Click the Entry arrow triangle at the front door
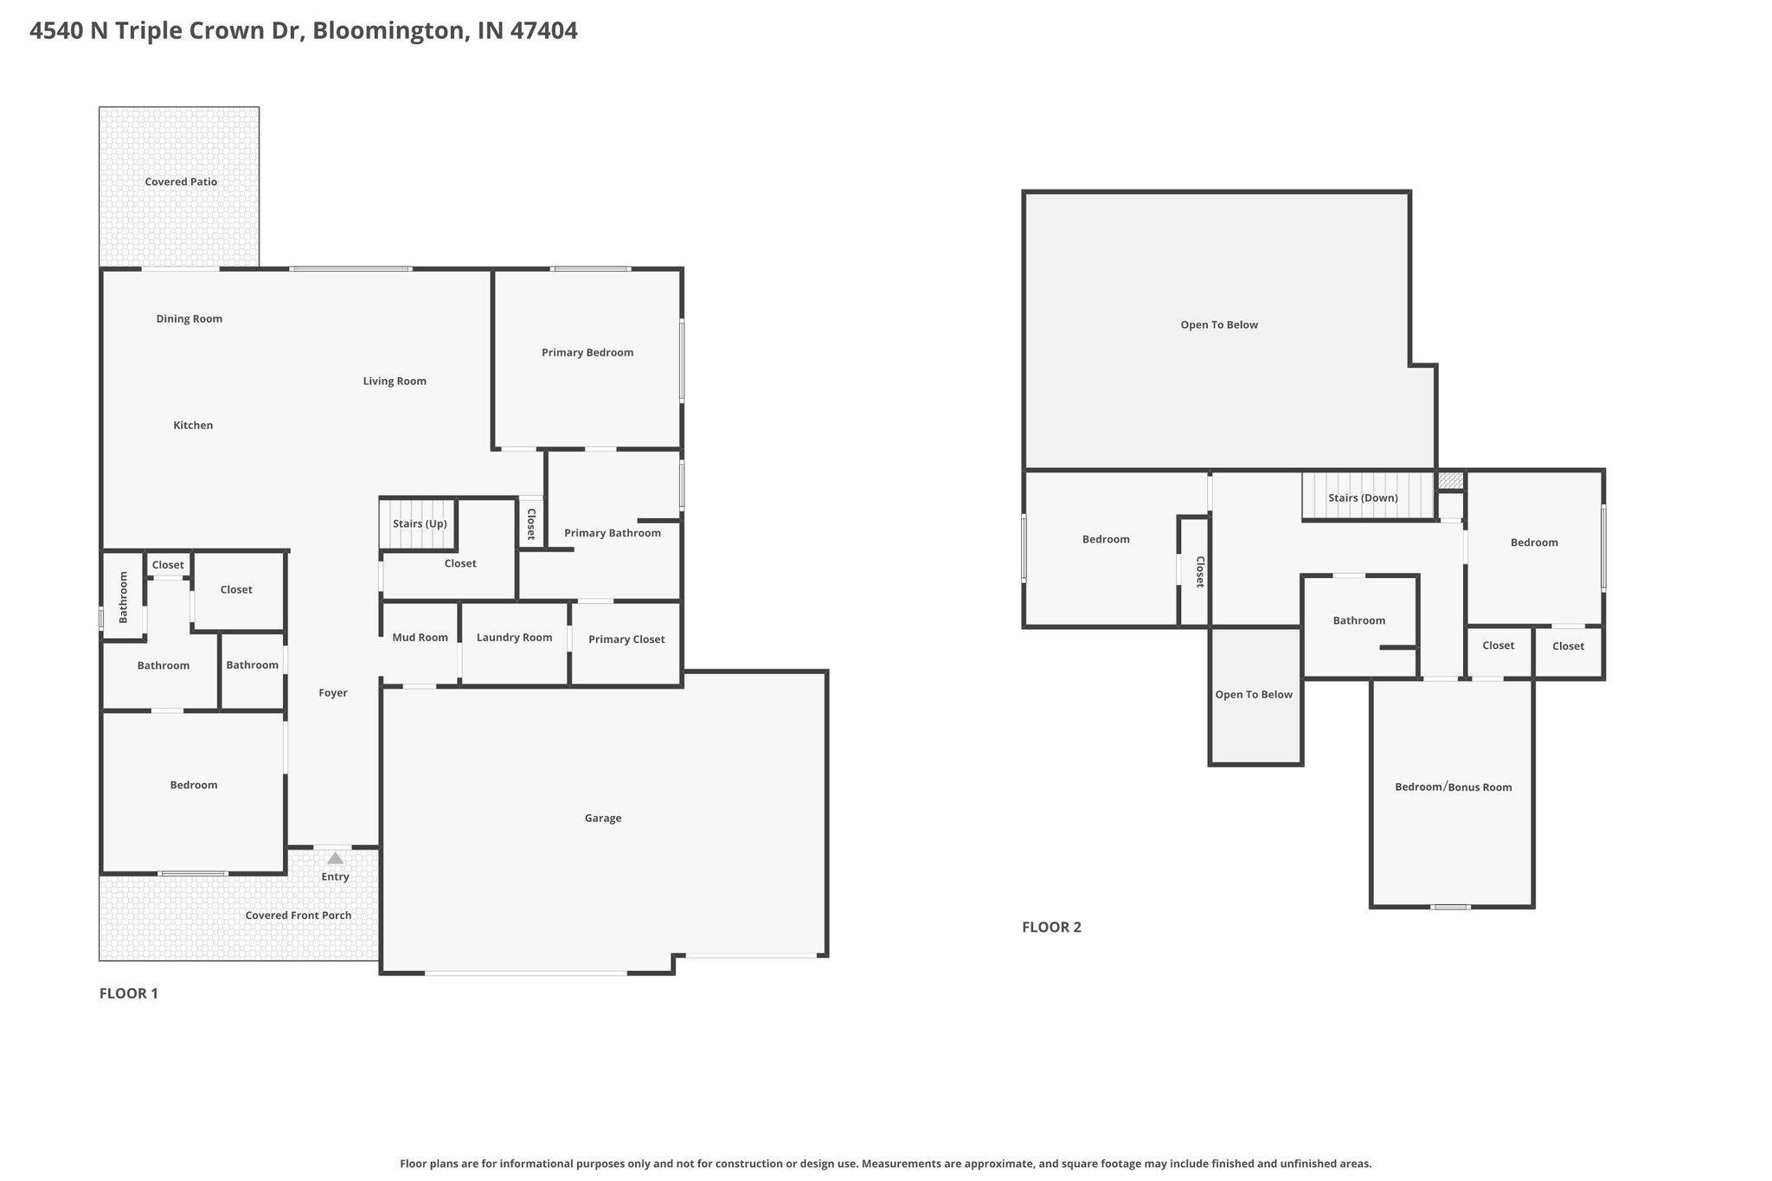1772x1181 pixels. [x=335, y=858]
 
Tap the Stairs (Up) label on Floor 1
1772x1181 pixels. [x=420, y=523]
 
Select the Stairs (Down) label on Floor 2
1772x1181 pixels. [x=1363, y=497]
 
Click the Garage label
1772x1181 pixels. [x=603, y=818]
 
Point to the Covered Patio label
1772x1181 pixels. [x=181, y=182]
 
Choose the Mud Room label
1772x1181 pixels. [x=420, y=638]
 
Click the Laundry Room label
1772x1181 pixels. [x=514, y=638]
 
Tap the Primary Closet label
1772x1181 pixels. [x=626, y=639]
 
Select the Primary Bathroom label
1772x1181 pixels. [x=613, y=533]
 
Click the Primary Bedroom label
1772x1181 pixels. [x=587, y=352]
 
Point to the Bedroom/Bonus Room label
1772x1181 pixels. [x=1454, y=787]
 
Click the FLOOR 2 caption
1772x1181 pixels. [x=1051, y=927]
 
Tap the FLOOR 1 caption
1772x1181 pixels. [x=129, y=993]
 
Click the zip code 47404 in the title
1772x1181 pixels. [x=543, y=31]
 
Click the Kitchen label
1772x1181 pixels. [x=193, y=425]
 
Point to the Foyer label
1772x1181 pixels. [x=333, y=693]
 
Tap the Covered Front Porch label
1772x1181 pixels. [x=299, y=915]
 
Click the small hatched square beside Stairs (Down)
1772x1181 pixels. [x=1451, y=480]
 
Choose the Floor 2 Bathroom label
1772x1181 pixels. [x=1359, y=620]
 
